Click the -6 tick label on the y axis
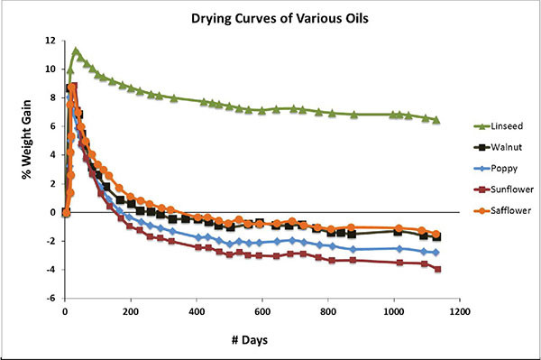click(x=52, y=299)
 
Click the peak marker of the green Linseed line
click(x=76, y=51)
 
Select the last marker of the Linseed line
click(x=437, y=120)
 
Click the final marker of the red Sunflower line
click(x=438, y=269)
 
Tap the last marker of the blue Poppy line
click(x=437, y=253)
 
